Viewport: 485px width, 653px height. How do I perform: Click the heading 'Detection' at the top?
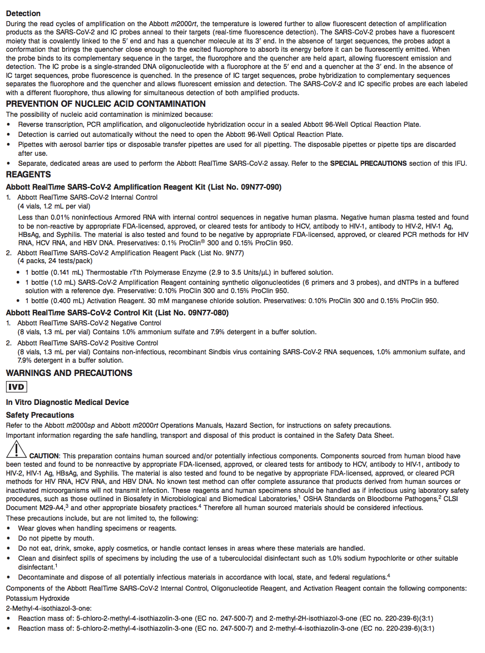23,13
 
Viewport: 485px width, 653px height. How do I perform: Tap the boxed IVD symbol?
16,387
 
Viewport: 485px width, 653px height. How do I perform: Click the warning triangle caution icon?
17,449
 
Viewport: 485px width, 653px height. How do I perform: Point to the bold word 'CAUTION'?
44,456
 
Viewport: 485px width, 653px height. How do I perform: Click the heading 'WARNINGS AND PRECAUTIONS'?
69,373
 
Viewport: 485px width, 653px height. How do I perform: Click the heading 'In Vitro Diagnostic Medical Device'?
67,402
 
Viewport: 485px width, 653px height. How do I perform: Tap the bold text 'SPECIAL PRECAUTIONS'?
368,163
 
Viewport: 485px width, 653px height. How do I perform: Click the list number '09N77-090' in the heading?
258,187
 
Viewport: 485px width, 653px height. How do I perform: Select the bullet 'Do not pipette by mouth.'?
56,538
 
